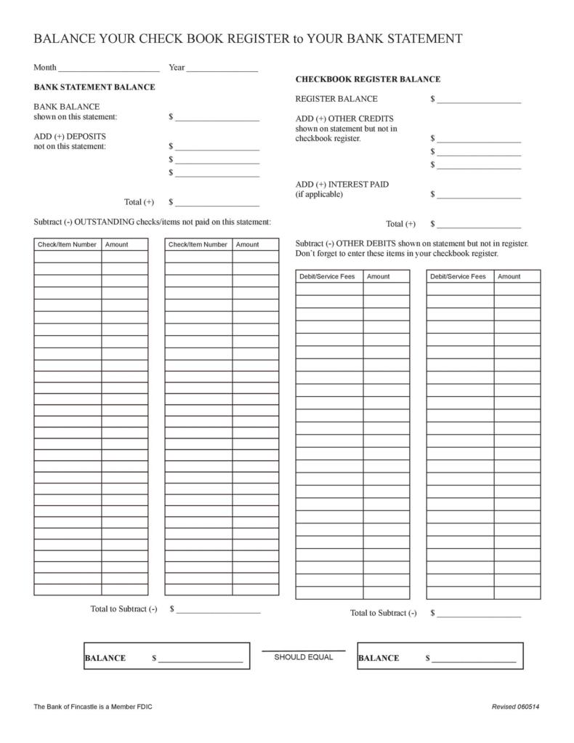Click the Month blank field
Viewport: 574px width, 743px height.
(x=108, y=68)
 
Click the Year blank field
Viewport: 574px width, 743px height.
(x=222, y=68)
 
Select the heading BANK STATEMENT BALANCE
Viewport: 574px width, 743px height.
(x=94, y=87)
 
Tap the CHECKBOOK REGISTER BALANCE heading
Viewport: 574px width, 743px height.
(x=368, y=79)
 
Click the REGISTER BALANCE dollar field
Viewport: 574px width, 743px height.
(x=479, y=100)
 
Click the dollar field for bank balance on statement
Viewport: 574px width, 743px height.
(x=217, y=117)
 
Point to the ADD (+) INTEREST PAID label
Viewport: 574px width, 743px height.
(x=341, y=185)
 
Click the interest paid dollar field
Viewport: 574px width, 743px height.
(x=479, y=195)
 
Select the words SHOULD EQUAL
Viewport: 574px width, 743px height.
(x=303, y=657)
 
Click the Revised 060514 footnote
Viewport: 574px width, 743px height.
(x=515, y=707)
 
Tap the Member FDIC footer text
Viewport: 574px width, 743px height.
(x=93, y=707)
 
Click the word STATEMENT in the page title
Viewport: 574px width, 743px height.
(x=420, y=39)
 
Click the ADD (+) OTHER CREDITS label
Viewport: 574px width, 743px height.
(x=344, y=119)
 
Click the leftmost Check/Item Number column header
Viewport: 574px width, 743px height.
(x=67, y=245)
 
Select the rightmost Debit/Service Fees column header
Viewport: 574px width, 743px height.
(x=458, y=276)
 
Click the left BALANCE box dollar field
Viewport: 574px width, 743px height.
(x=201, y=659)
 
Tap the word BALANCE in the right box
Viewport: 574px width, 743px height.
(x=379, y=659)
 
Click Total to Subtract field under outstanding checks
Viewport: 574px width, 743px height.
(x=218, y=610)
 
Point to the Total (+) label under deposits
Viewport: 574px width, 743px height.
(x=139, y=203)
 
